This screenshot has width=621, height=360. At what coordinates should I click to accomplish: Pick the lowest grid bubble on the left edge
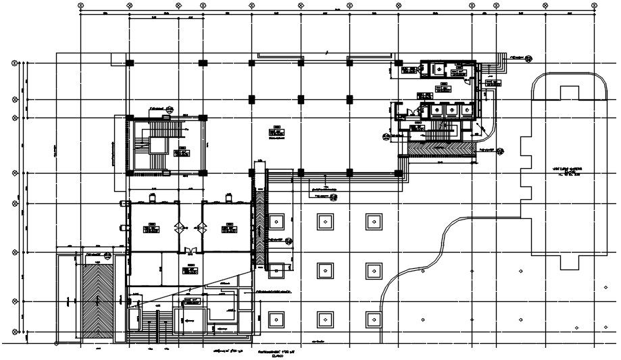tap(15, 332)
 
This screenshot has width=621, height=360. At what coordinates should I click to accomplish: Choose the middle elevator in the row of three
tap(449, 109)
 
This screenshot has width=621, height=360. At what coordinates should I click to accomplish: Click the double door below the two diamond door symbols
tap(190, 251)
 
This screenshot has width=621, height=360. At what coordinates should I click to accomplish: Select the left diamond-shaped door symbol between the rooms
tap(179, 227)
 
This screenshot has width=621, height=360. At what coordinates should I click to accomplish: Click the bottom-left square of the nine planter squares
tap(276, 317)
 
